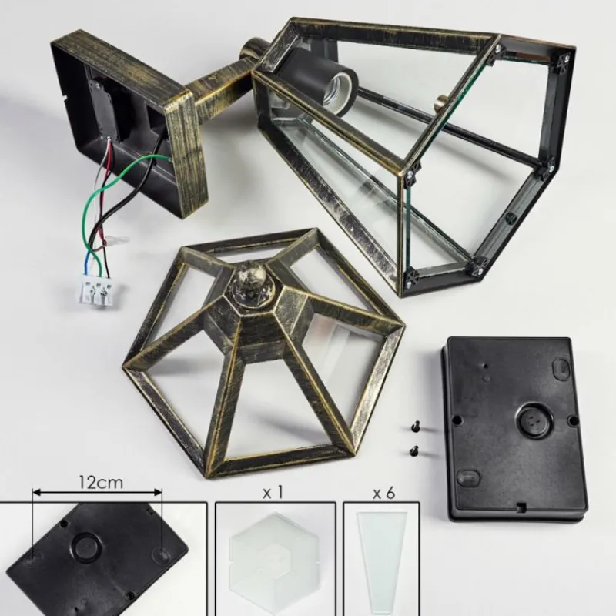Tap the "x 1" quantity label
(x=273, y=493)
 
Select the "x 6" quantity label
(x=383, y=494)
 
